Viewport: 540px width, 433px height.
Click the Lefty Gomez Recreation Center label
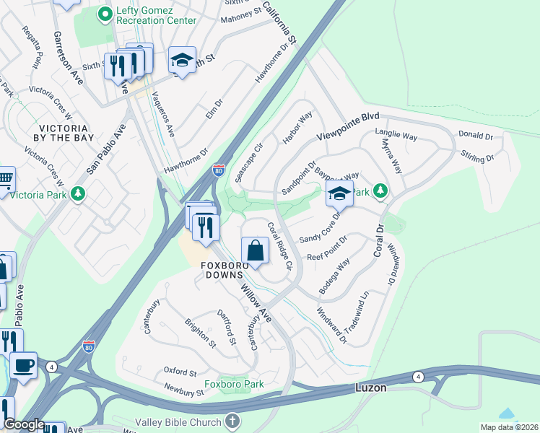[x=155, y=14]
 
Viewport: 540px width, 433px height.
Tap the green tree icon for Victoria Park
[x=77, y=194]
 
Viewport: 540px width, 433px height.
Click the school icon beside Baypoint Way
[x=339, y=193]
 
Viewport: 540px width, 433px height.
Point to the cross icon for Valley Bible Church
[x=232, y=421]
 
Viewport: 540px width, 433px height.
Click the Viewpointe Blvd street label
[x=348, y=127]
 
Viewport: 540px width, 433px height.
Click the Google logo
[x=24, y=424]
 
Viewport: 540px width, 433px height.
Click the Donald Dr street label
[x=475, y=135]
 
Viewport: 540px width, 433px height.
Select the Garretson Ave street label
[x=69, y=58]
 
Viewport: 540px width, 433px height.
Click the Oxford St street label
[x=180, y=372]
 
